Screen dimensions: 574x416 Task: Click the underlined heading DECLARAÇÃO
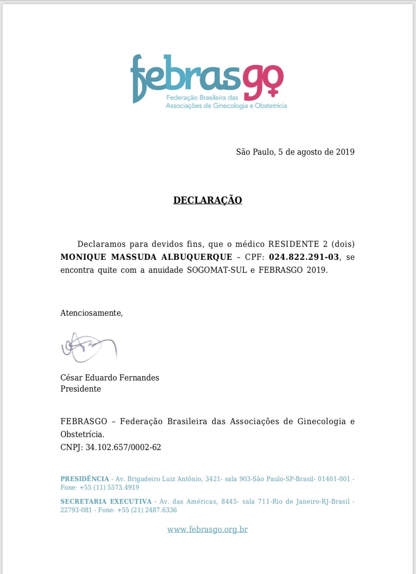click(207, 200)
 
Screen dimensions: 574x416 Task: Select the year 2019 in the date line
click(345, 152)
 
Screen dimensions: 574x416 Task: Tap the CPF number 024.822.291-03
click(304, 257)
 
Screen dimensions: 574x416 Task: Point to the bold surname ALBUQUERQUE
click(197, 257)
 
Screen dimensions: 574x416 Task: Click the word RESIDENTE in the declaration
click(294, 244)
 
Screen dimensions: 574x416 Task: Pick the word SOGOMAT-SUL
click(217, 270)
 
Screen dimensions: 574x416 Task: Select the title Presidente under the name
click(81, 389)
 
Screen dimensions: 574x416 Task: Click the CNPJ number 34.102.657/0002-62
click(123, 447)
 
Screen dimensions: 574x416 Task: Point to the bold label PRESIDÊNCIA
click(85, 479)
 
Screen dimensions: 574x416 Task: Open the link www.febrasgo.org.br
click(207, 530)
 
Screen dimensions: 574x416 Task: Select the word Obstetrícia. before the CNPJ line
click(82, 434)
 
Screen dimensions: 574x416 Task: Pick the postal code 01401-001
click(334, 479)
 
